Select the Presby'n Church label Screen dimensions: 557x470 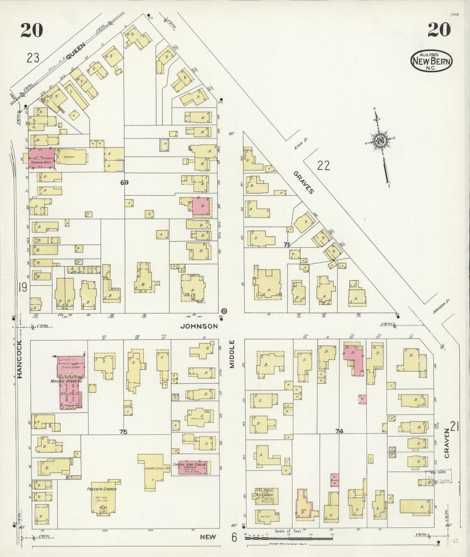tap(102, 489)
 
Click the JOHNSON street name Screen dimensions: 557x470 tap(199, 326)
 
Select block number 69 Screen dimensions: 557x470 tap(124, 182)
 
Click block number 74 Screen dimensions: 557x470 tap(339, 431)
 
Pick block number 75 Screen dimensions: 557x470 tap(123, 432)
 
